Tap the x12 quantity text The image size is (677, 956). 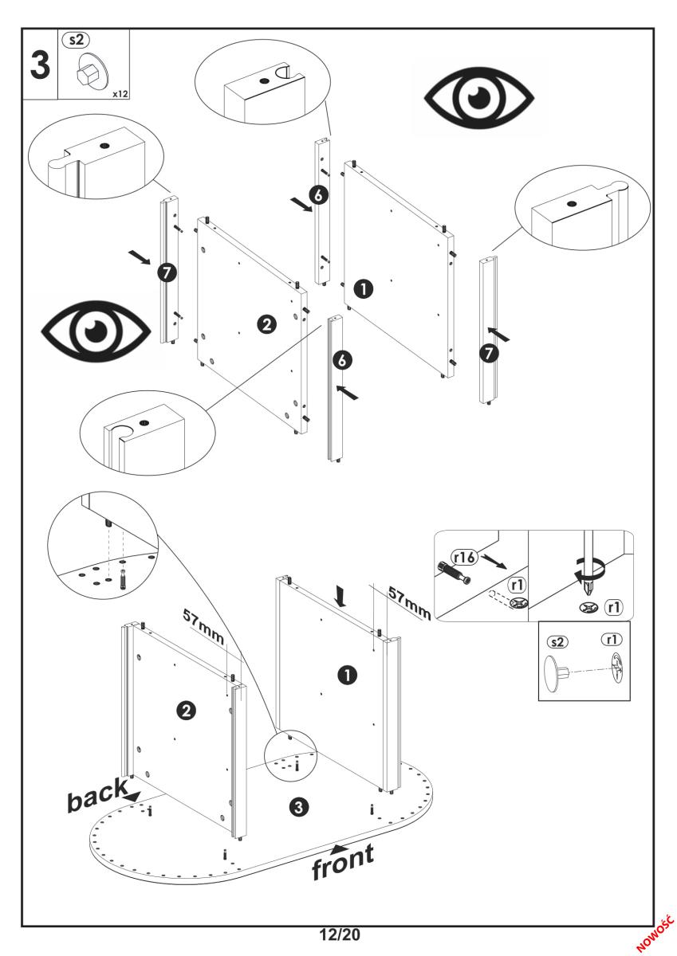120,94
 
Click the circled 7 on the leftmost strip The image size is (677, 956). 166,272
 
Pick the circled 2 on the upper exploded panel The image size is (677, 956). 266,323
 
